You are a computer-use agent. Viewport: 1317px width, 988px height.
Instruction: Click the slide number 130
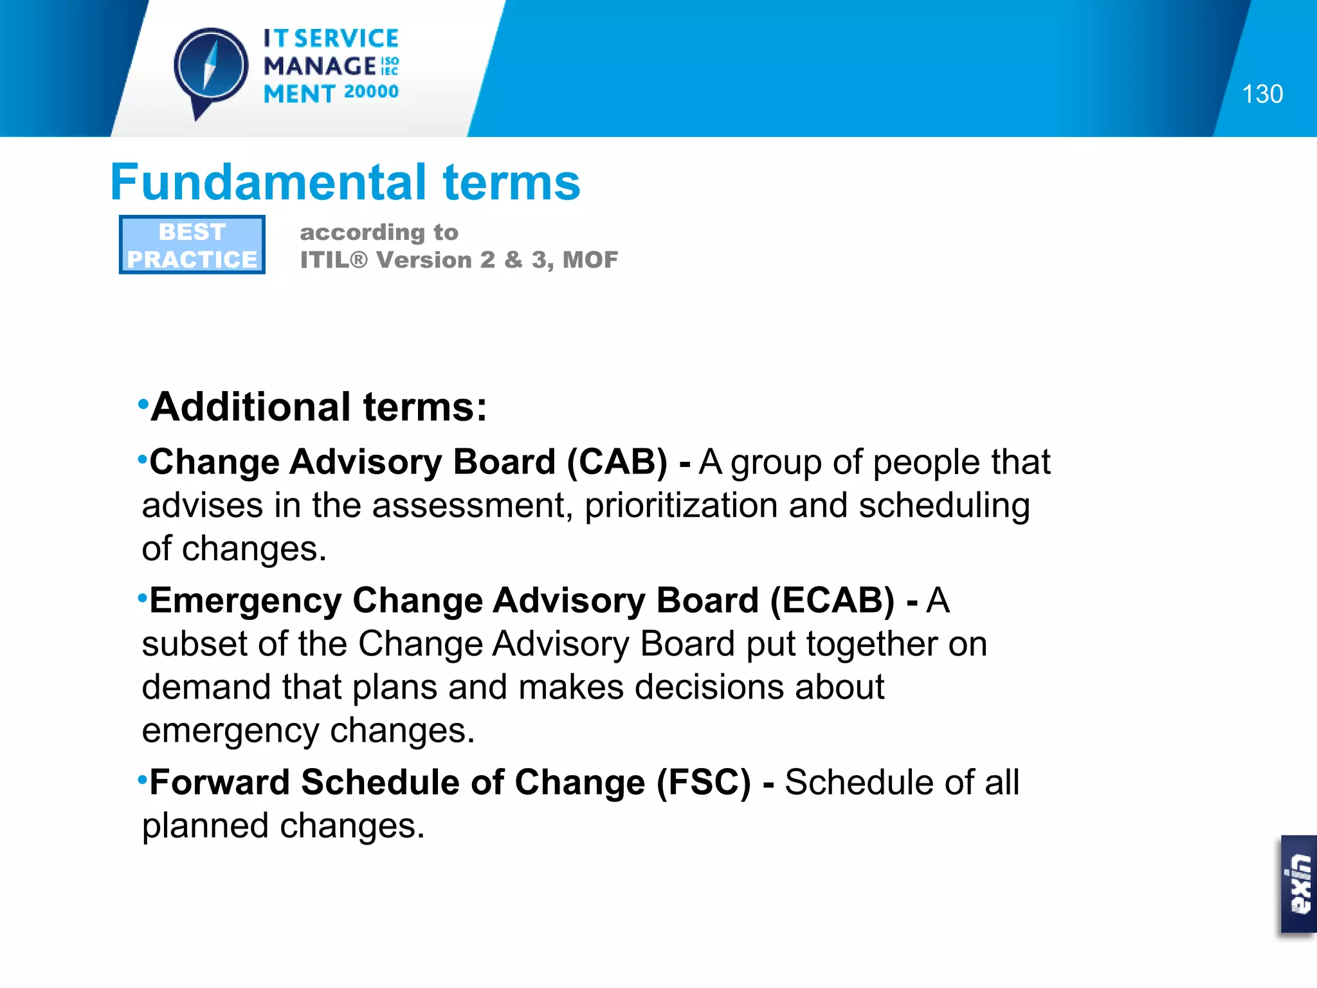(x=1262, y=95)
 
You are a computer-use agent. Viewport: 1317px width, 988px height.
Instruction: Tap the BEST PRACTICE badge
(x=192, y=245)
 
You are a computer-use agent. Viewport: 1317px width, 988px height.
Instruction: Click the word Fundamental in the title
(x=268, y=182)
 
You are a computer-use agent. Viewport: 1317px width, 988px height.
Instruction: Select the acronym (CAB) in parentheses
(x=617, y=462)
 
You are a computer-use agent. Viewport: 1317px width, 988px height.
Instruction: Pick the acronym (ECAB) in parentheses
(x=831, y=600)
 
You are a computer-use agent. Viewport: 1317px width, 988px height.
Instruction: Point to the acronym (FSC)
(x=704, y=782)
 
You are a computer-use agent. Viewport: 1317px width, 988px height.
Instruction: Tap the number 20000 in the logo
(x=371, y=92)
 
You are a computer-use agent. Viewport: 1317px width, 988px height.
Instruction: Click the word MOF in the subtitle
(x=590, y=260)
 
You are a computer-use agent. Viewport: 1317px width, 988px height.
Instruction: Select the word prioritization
(x=681, y=506)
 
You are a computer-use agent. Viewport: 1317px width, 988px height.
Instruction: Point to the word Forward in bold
(x=219, y=782)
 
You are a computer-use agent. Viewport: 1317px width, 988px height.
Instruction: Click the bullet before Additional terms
(x=143, y=405)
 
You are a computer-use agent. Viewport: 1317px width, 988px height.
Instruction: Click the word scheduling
(x=944, y=506)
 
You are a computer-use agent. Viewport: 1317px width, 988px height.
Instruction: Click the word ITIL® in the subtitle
(x=333, y=260)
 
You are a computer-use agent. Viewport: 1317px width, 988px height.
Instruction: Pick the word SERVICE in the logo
(x=347, y=39)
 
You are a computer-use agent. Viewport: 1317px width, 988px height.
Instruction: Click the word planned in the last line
(x=205, y=826)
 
